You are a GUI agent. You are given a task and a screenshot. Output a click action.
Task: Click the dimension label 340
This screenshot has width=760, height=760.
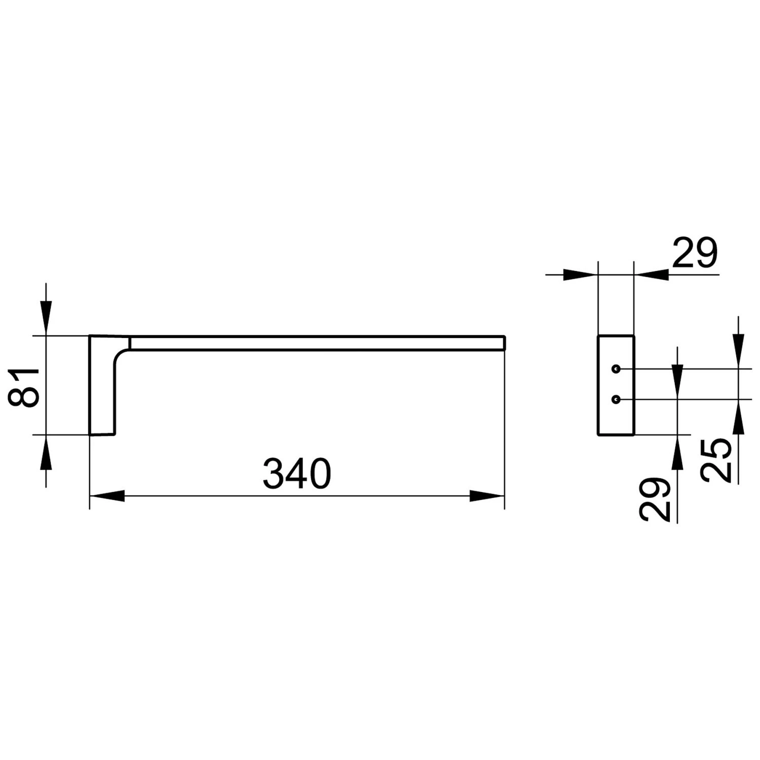(297, 474)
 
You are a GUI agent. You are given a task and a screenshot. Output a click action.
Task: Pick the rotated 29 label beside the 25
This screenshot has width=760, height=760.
(655, 499)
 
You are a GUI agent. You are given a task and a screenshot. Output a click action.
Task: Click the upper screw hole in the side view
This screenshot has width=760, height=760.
(616, 369)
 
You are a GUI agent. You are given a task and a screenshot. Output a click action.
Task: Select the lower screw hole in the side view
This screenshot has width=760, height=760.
(616, 400)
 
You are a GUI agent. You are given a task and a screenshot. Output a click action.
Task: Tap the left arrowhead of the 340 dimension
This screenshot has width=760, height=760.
(107, 496)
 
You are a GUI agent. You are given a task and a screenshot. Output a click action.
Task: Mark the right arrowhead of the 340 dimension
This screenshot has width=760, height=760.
(487, 496)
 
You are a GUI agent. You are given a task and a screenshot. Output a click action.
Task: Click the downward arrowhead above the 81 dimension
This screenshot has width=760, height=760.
(46, 318)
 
